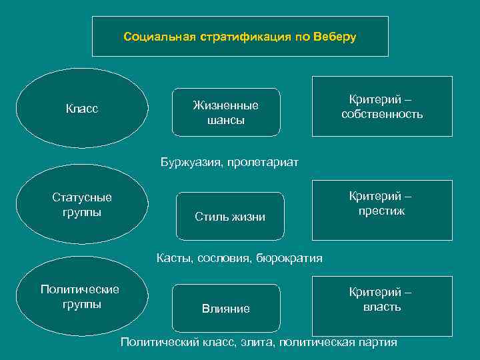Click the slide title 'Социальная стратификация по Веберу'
click(x=240, y=37)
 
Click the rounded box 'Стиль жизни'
click(x=230, y=216)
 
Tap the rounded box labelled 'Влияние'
click(x=226, y=308)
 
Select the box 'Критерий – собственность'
click(x=382, y=107)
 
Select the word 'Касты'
click(x=172, y=258)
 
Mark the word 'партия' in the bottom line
click(x=379, y=343)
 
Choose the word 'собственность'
click(x=382, y=114)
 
